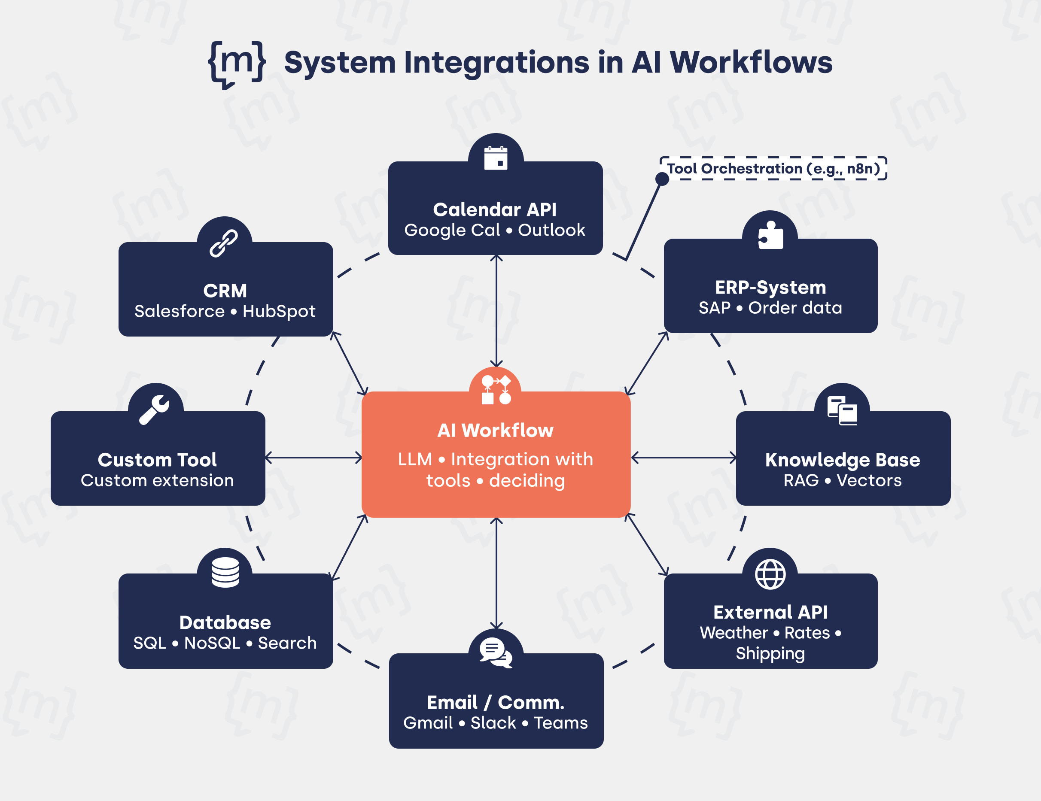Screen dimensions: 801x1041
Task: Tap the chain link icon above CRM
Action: [224, 243]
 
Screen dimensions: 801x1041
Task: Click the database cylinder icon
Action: [225, 572]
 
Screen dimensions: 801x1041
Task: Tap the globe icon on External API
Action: [770, 574]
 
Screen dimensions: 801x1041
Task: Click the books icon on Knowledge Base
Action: [842, 410]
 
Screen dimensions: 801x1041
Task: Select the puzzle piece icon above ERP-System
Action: [770, 235]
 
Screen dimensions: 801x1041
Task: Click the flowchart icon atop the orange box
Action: [496, 390]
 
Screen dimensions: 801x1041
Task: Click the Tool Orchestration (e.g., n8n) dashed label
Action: [773, 168]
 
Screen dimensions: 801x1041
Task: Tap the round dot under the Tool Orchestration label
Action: [662, 179]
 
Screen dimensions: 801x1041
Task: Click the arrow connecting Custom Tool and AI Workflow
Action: [313, 458]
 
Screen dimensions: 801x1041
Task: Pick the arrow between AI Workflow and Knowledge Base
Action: [684, 458]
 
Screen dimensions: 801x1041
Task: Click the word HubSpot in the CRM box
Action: [279, 311]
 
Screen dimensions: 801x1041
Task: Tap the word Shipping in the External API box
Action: [770, 653]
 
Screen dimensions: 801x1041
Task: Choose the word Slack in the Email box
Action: [493, 723]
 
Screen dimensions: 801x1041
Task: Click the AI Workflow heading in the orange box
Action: [495, 430]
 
